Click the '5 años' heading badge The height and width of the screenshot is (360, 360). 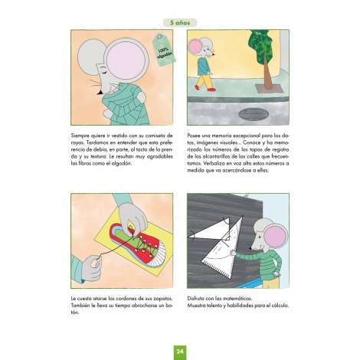click(180, 23)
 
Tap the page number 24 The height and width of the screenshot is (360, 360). click(180, 352)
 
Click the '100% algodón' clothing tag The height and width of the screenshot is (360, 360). click(164, 51)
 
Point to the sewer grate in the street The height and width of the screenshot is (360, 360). click(253, 114)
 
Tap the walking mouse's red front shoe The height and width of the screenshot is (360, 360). click(211, 90)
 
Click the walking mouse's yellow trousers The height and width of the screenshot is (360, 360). click(205, 81)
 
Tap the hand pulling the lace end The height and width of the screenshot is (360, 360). click(92, 268)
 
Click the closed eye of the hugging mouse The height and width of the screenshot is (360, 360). click(103, 69)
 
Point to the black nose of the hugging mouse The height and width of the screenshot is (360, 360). click(101, 91)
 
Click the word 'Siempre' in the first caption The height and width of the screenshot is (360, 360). click(80, 136)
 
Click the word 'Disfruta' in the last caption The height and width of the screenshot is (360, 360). click(196, 298)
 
